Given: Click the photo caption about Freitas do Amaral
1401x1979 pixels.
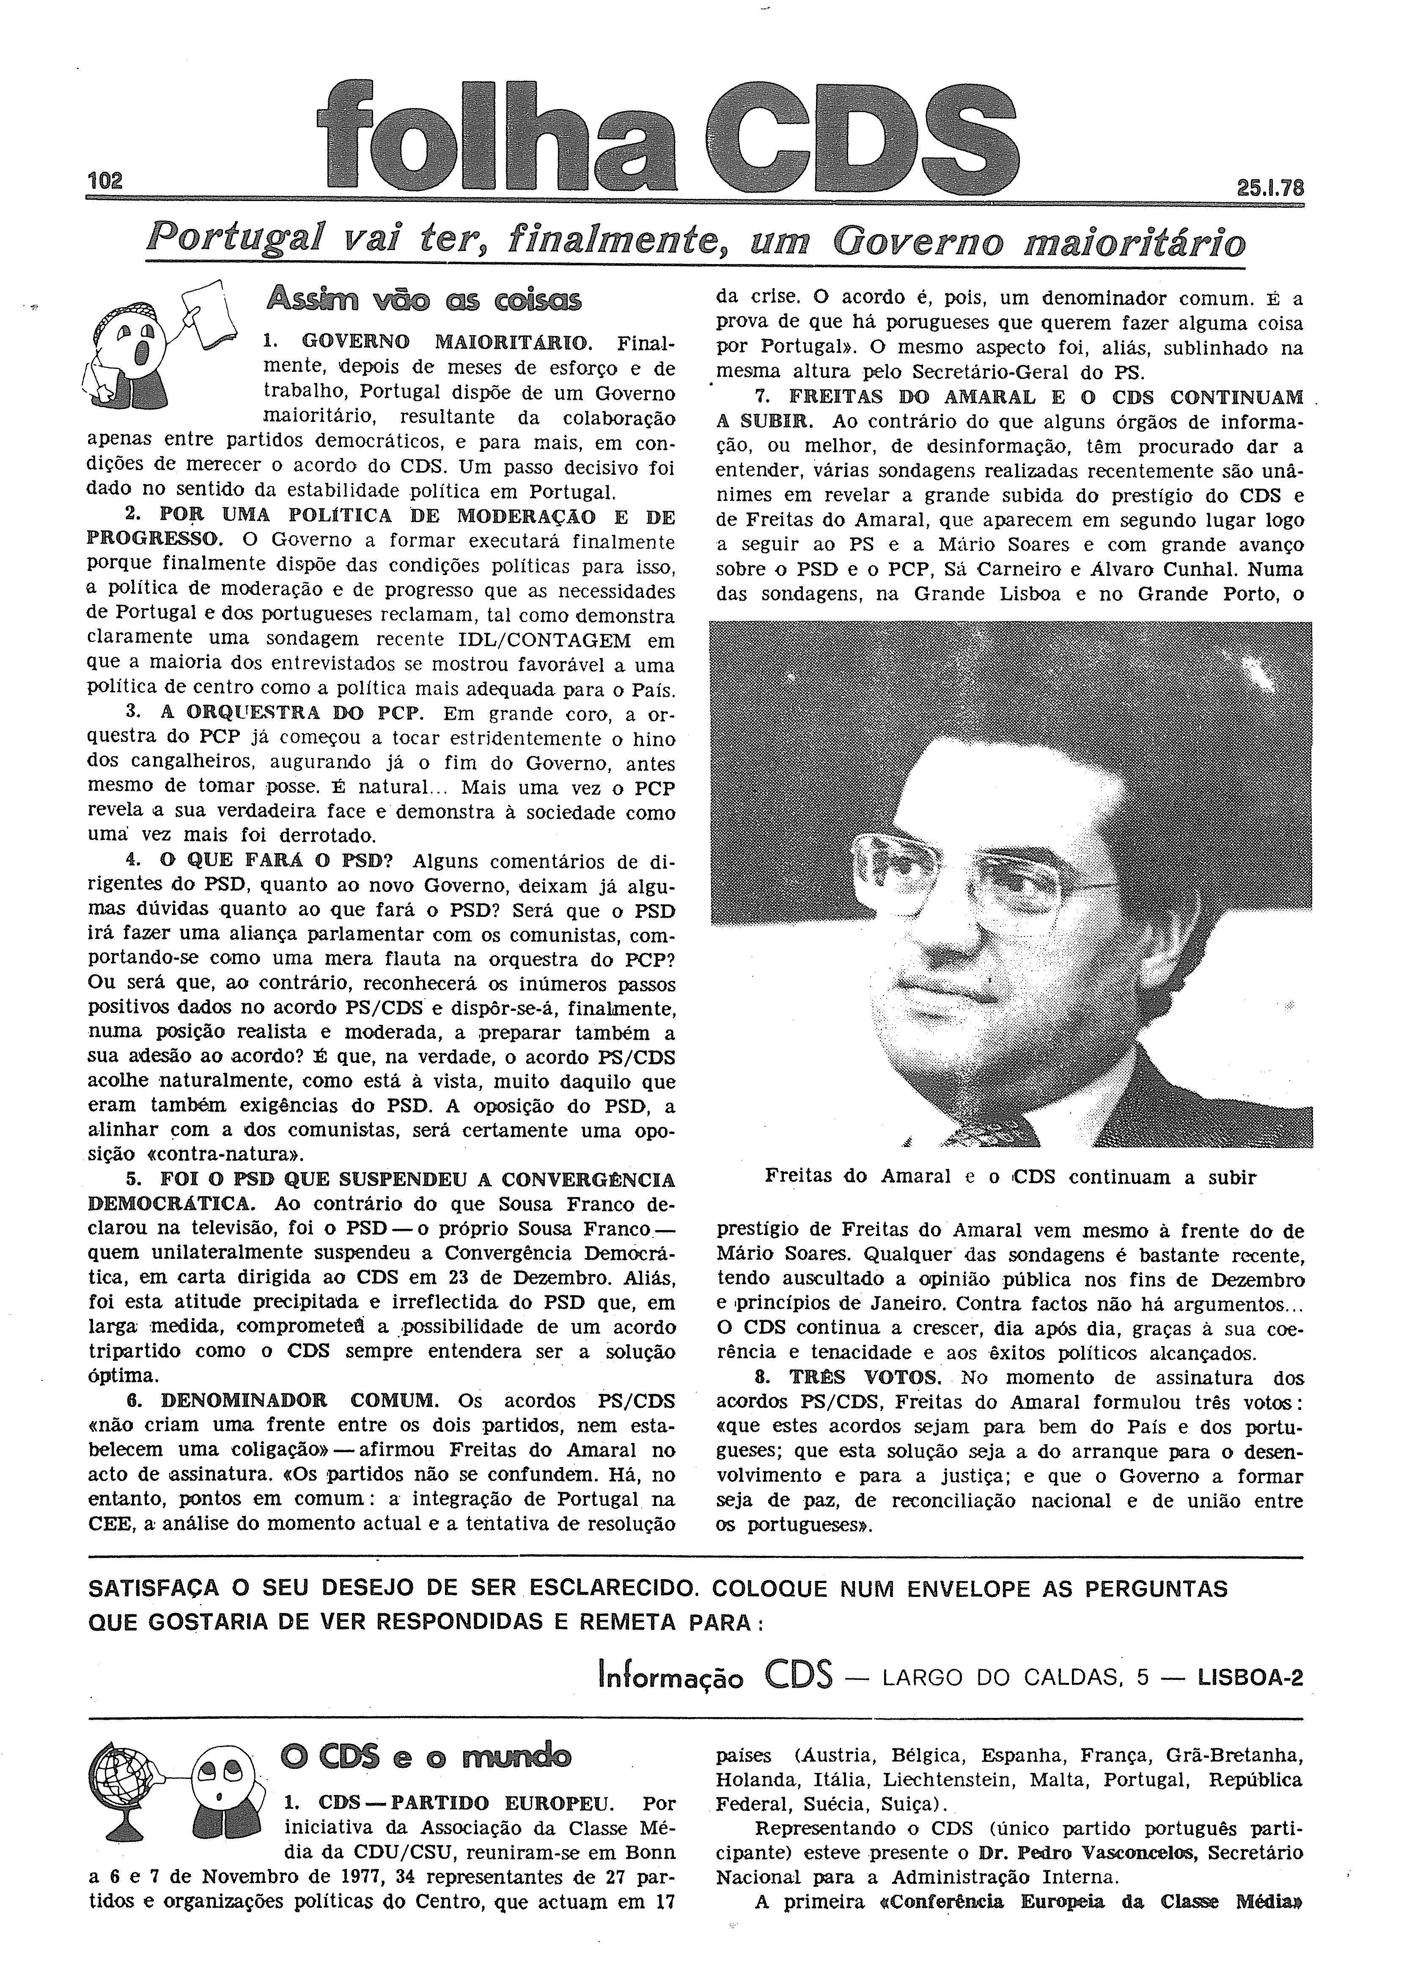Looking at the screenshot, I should pyautogui.click(x=1009, y=1177).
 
